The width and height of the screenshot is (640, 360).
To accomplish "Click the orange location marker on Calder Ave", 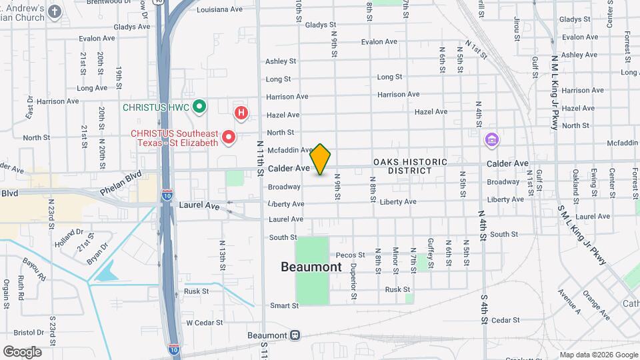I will (x=321, y=159).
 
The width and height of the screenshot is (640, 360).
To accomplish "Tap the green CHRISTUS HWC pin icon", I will (x=199, y=107).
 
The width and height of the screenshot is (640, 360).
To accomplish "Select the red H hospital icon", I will (x=241, y=113).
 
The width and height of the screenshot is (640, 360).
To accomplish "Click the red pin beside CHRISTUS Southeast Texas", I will (x=229, y=137).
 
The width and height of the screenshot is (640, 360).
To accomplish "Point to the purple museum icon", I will (x=492, y=141).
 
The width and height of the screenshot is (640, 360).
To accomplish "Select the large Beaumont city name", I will (x=311, y=267).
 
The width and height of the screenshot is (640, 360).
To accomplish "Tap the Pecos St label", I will (x=351, y=255).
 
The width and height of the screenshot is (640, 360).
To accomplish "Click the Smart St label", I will (x=284, y=305).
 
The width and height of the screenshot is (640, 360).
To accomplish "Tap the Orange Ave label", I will (x=596, y=303).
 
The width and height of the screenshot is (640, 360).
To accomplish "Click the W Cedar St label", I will (x=203, y=323).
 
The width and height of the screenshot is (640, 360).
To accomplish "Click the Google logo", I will (x=22, y=351).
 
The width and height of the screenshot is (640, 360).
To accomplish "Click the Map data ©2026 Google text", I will (x=597, y=355).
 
